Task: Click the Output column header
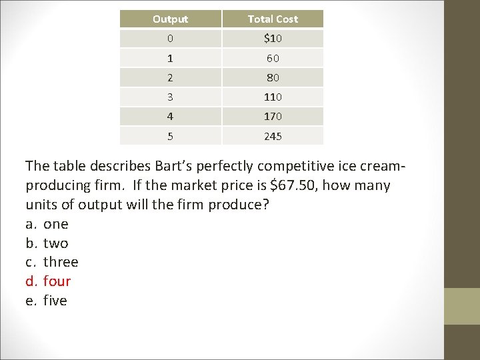(170, 19)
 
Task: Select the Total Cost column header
(273, 19)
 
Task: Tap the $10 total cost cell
(273, 39)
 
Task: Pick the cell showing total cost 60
(273, 58)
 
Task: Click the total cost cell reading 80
(273, 77)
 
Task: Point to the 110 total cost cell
(273, 97)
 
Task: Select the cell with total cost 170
(273, 116)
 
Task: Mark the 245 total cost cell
(273, 136)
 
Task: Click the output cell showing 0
(170, 39)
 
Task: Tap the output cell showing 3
(170, 97)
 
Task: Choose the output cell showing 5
(170, 136)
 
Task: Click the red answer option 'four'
(56, 281)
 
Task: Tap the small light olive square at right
(462, 306)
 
